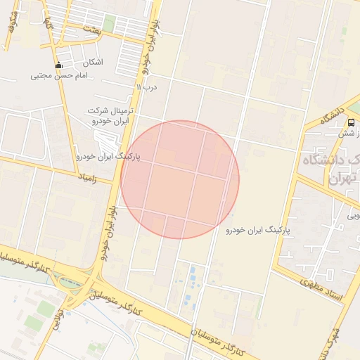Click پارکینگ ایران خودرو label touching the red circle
[x=109, y=157]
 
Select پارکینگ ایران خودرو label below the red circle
[x=259, y=230]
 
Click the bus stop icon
[x=350, y=122]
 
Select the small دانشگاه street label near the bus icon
[x=333, y=118]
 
